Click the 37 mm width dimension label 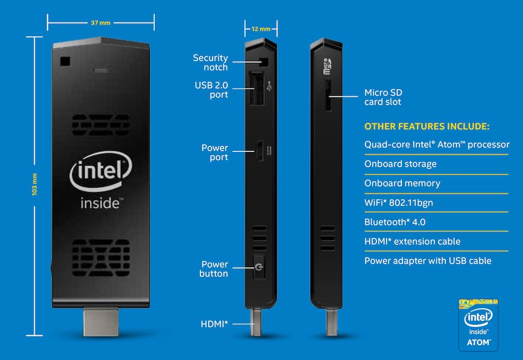[x=100, y=23]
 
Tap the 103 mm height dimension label [x=34, y=184]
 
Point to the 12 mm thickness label [x=261, y=29]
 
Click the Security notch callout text [x=210, y=62]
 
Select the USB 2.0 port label [x=211, y=90]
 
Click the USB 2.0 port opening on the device [x=257, y=89]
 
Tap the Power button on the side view [x=259, y=267]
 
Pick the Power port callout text [x=215, y=152]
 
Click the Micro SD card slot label [x=383, y=97]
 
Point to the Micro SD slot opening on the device [x=328, y=96]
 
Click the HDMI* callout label [x=214, y=324]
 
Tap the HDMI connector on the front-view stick [x=101, y=321]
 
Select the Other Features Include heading [x=427, y=127]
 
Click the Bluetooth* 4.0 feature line [x=395, y=222]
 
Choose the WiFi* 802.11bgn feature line [x=399, y=203]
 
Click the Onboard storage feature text [x=400, y=164]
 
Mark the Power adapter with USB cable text [x=428, y=260]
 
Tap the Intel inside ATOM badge [x=478, y=325]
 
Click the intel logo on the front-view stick [x=101, y=171]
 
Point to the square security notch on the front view [x=65, y=62]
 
